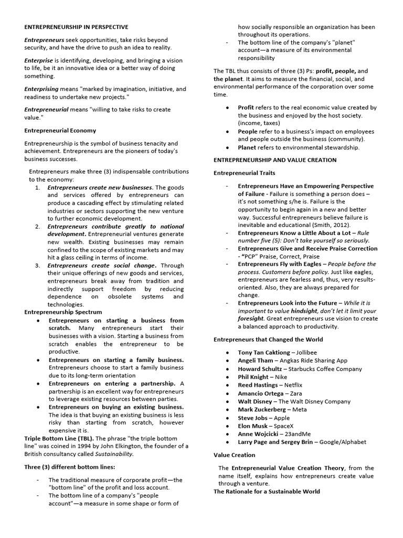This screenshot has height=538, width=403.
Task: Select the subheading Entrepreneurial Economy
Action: (x=60, y=130)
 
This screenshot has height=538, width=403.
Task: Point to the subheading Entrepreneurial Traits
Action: (x=244, y=173)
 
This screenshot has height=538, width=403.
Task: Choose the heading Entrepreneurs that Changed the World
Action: (x=268, y=339)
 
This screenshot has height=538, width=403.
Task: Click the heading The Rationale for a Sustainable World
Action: (x=267, y=491)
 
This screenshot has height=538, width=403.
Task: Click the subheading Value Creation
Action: (x=234, y=455)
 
